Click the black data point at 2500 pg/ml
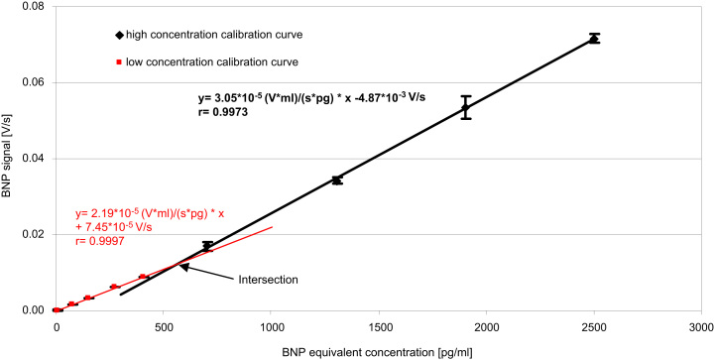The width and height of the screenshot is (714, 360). (x=594, y=39)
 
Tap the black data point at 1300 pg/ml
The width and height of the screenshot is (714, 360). (x=337, y=180)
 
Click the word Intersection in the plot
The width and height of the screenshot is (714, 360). (x=268, y=280)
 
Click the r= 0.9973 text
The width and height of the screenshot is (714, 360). (x=214, y=113)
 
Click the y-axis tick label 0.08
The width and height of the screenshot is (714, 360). (x=33, y=7)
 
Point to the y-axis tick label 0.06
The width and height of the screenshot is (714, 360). (x=33, y=82)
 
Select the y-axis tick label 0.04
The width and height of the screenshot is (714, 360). (x=33, y=159)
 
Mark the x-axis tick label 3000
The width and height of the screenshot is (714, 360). (x=700, y=325)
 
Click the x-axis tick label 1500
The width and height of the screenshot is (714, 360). (x=378, y=325)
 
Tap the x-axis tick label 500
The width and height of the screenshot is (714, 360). (x=164, y=325)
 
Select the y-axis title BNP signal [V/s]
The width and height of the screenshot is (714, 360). (x=9, y=159)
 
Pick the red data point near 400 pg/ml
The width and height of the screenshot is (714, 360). (x=143, y=277)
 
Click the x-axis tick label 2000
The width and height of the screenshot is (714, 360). (x=486, y=325)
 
